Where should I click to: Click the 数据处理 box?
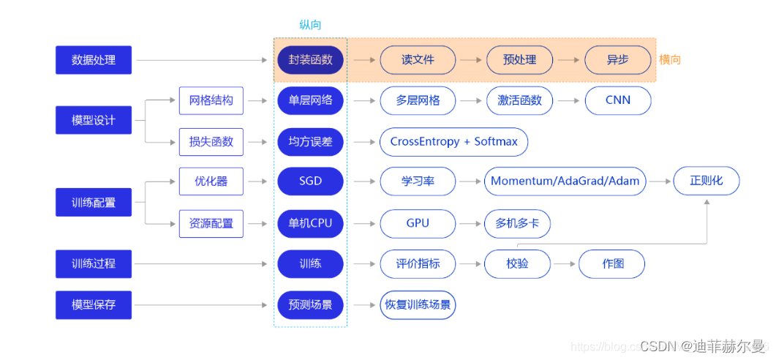pos(94,60)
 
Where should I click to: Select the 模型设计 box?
pos(94,120)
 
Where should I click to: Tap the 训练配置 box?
pos(94,202)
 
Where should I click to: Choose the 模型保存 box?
pos(94,304)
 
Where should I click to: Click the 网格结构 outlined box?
pos(211,100)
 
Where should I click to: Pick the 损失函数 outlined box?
pos(211,141)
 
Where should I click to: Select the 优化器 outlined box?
pos(211,181)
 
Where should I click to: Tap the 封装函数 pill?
pos(310,60)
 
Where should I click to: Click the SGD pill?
pos(310,181)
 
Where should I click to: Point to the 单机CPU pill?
pos(310,223)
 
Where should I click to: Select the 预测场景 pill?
pos(310,304)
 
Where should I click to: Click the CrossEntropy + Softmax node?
pos(453,141)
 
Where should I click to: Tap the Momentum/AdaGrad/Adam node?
pos(565,181)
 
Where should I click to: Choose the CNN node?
pos(617,100)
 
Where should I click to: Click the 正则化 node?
pos(706,181)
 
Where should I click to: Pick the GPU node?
pos(418,223)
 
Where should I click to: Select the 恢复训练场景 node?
pos(418,304)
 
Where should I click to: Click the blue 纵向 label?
pos(310,25)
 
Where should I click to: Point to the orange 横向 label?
pos(669,60)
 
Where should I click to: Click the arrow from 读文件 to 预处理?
pos(470,60)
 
